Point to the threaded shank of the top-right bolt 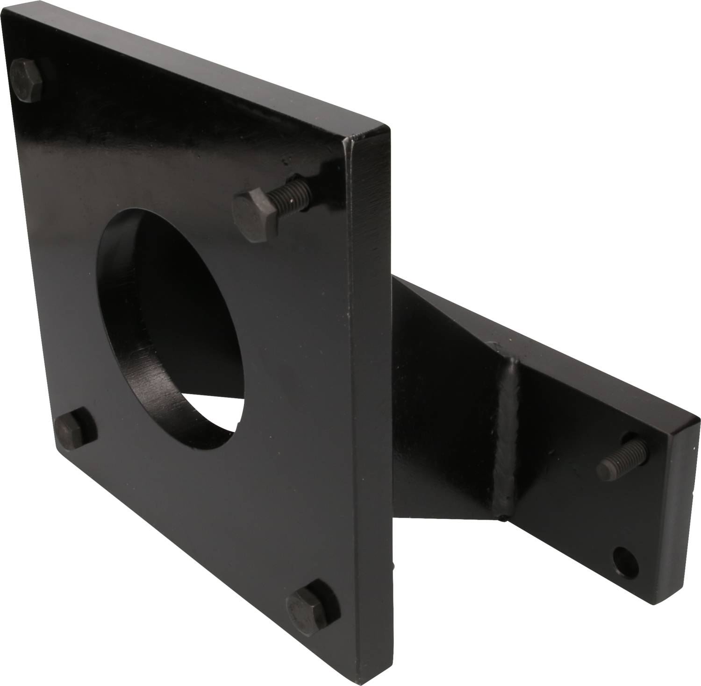tap(289, 193)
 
